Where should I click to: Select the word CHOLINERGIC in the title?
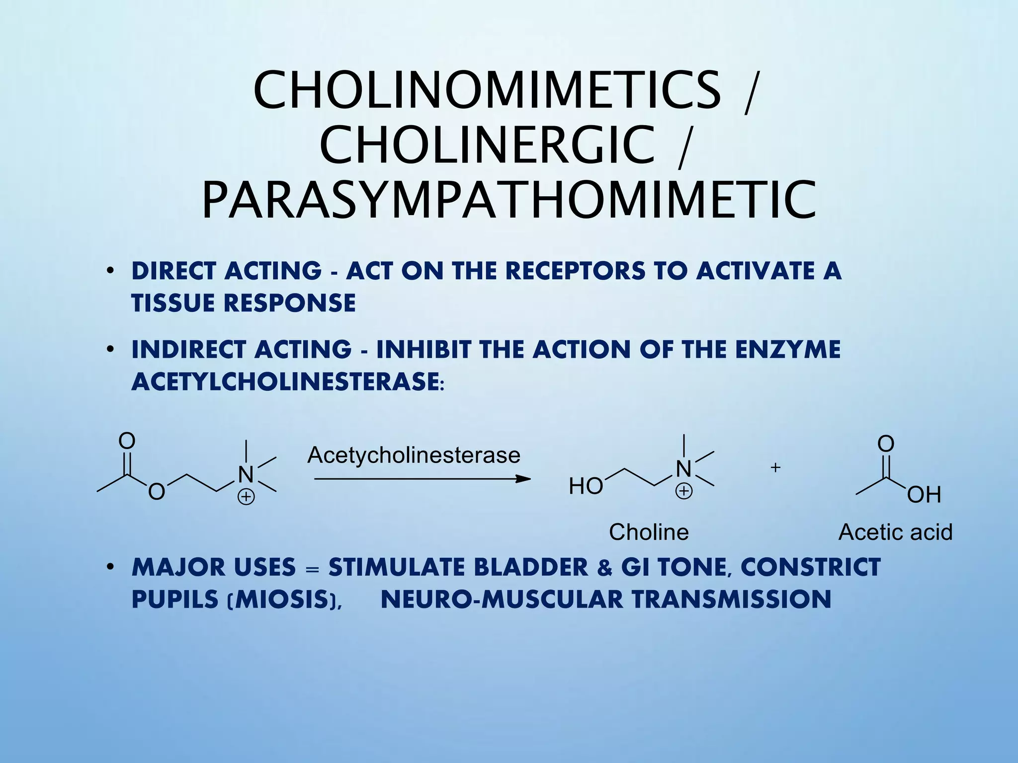pyautogui.click(x=487, y=145)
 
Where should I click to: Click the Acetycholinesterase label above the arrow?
pyautogui.click(x=414, y=455)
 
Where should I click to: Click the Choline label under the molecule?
pyautogui.click(x=649, y=532)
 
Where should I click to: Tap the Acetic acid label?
pyautogui.click(x=895, y=532)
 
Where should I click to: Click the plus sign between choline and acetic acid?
pyautogui.click(x=775, y=467)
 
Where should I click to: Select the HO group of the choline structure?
pyautogui.click(x=586, y=486)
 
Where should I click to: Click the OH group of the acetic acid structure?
pyautogui.click(x=924, y=495)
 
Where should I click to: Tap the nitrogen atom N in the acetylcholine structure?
pyautogui.click(x=246, y=474)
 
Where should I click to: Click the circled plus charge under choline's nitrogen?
pyautogui.click(x=684, y=491)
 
